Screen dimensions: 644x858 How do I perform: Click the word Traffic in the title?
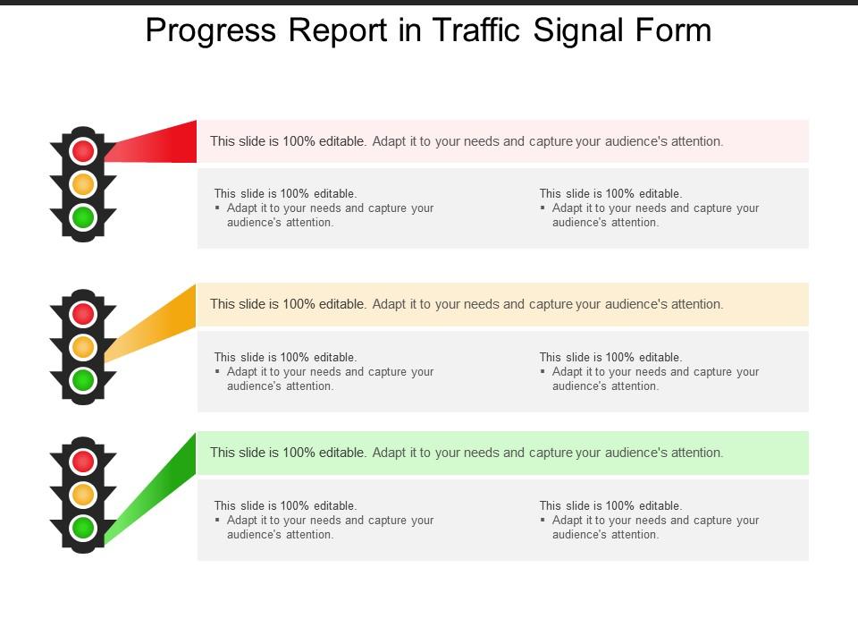[477, 30]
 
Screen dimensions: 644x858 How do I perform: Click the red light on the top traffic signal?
[83, 150]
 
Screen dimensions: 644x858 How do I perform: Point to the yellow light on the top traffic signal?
[83, 184]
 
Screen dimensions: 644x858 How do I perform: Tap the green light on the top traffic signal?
[83, 216]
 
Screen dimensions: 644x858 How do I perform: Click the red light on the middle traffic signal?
[83, 313]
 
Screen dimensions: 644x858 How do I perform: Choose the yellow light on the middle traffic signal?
[83, 347]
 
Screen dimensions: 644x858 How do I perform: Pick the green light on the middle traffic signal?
[83, 380]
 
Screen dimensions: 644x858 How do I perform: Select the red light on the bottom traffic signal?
[83, 461]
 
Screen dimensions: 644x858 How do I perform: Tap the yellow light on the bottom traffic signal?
[83, 495]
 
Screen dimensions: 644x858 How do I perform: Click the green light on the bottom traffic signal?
[83, 528]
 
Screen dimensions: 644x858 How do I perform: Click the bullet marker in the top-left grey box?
[218, 208]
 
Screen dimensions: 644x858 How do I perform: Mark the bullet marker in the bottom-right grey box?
[543, 521]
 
